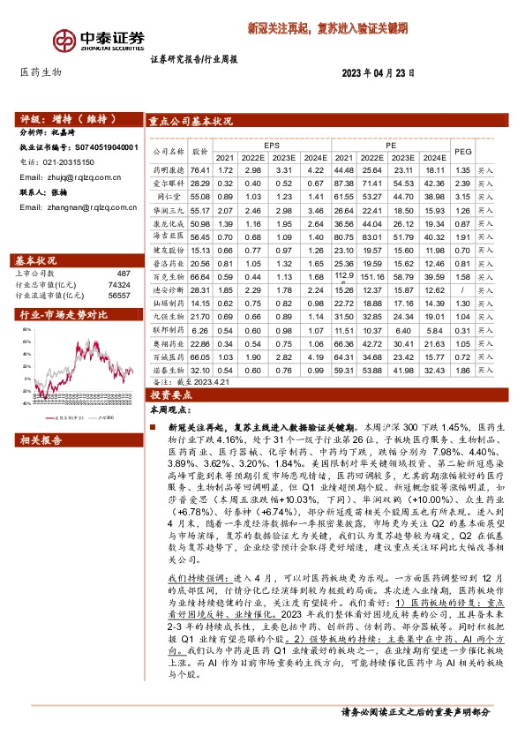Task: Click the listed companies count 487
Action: pos(123,274)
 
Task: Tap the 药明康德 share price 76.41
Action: pos(201,169)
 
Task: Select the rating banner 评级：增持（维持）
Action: pos(62,118)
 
